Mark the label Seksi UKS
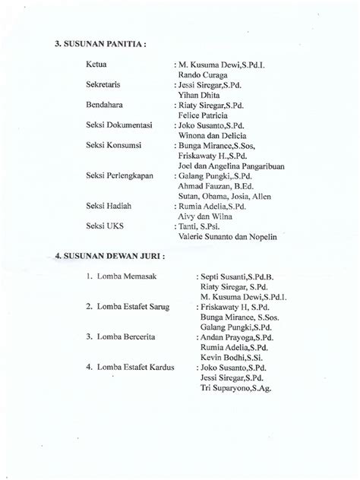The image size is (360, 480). tap(106, 226)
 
